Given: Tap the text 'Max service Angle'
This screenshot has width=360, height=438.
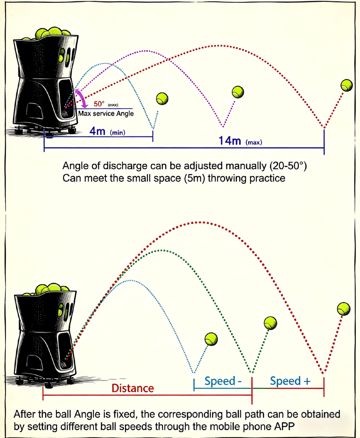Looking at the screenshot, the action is tap(106, 113).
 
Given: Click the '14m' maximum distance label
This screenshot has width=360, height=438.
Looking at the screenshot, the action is tap(230, 141).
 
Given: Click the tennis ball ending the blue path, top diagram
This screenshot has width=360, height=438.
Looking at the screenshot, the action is tap(162, 98).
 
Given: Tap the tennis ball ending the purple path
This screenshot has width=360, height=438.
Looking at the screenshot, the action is tap(238, 91).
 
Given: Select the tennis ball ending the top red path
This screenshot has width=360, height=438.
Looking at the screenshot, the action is tap(347, 85).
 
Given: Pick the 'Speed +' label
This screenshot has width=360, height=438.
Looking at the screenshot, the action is tap(288, 381).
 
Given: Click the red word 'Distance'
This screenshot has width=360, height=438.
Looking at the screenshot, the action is tap(133, 388).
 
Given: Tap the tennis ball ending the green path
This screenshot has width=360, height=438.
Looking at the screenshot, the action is tap(271, 323).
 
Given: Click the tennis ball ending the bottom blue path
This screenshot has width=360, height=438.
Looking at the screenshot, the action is tap(211, 339).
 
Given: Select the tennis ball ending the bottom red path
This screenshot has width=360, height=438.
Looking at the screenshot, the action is tap(344, 308).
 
